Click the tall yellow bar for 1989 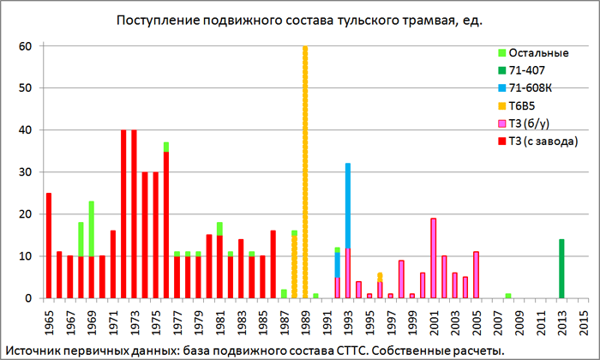pos(305,171)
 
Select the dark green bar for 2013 pos(561,268)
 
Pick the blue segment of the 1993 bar pos(348,206)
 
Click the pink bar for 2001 pos(434,258)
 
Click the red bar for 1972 pos(123,214)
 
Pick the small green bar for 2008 pos(508,297)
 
